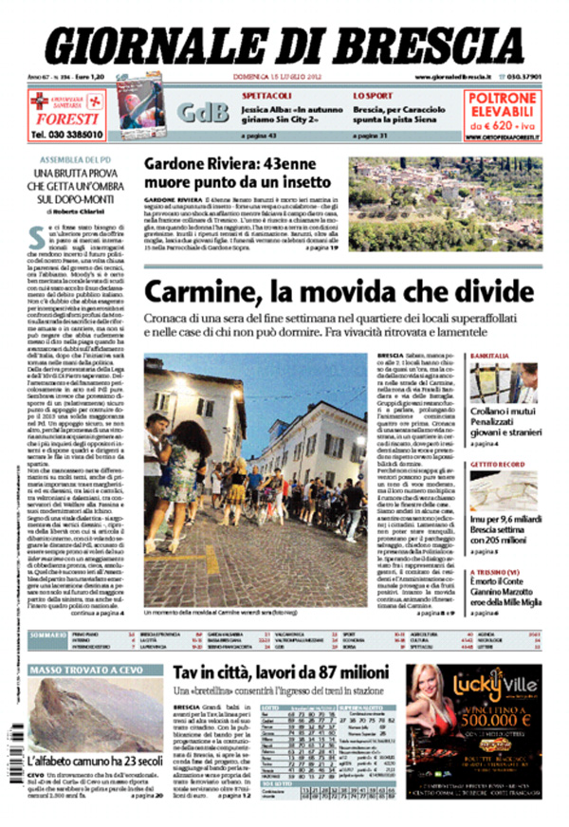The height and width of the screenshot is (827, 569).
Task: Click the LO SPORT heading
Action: click(374, 96)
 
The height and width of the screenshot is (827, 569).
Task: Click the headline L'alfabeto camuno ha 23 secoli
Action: click(84, 761)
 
